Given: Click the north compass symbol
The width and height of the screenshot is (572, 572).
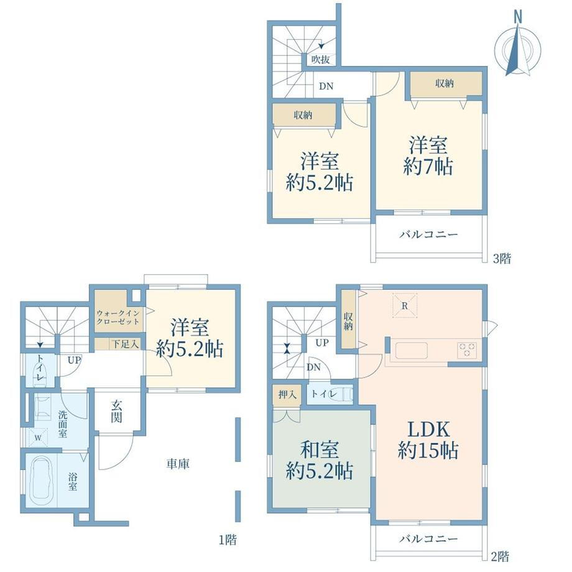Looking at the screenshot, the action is pos(517,47).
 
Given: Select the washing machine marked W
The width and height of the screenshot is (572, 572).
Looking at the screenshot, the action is pos(39,437).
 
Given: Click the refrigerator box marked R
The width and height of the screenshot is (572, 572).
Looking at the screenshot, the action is pos(405,306).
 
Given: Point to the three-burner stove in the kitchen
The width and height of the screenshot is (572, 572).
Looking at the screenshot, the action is pos(467,349).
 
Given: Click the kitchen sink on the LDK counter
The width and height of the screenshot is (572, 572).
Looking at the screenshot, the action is pos(411,351).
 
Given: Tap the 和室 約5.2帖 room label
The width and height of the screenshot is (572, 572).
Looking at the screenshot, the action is pos(319,460).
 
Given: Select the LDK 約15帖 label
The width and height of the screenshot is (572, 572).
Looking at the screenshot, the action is pos(428,440).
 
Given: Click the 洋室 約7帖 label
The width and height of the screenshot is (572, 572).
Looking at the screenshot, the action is pos(428,155).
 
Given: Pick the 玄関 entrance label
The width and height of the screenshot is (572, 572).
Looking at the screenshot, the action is pos(117,411).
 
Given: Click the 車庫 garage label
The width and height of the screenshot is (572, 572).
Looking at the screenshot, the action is pos(178,464).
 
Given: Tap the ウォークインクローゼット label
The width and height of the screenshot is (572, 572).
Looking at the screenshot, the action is pos(118,317).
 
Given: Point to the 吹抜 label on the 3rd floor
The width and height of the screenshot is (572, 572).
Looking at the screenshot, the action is pos(321,60).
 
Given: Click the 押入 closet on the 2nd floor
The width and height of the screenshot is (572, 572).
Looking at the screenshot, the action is pos(287,395).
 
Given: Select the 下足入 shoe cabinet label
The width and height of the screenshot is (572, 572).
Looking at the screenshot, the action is pos(125,344).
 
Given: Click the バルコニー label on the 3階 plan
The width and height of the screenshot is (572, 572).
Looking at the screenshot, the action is pos(428,234).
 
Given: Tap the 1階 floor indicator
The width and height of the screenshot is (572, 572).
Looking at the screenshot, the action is pos(228,540).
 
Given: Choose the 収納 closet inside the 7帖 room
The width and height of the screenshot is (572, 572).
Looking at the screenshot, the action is pos(446,84).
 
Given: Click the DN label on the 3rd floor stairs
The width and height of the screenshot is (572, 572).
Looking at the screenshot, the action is pos(326,86).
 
